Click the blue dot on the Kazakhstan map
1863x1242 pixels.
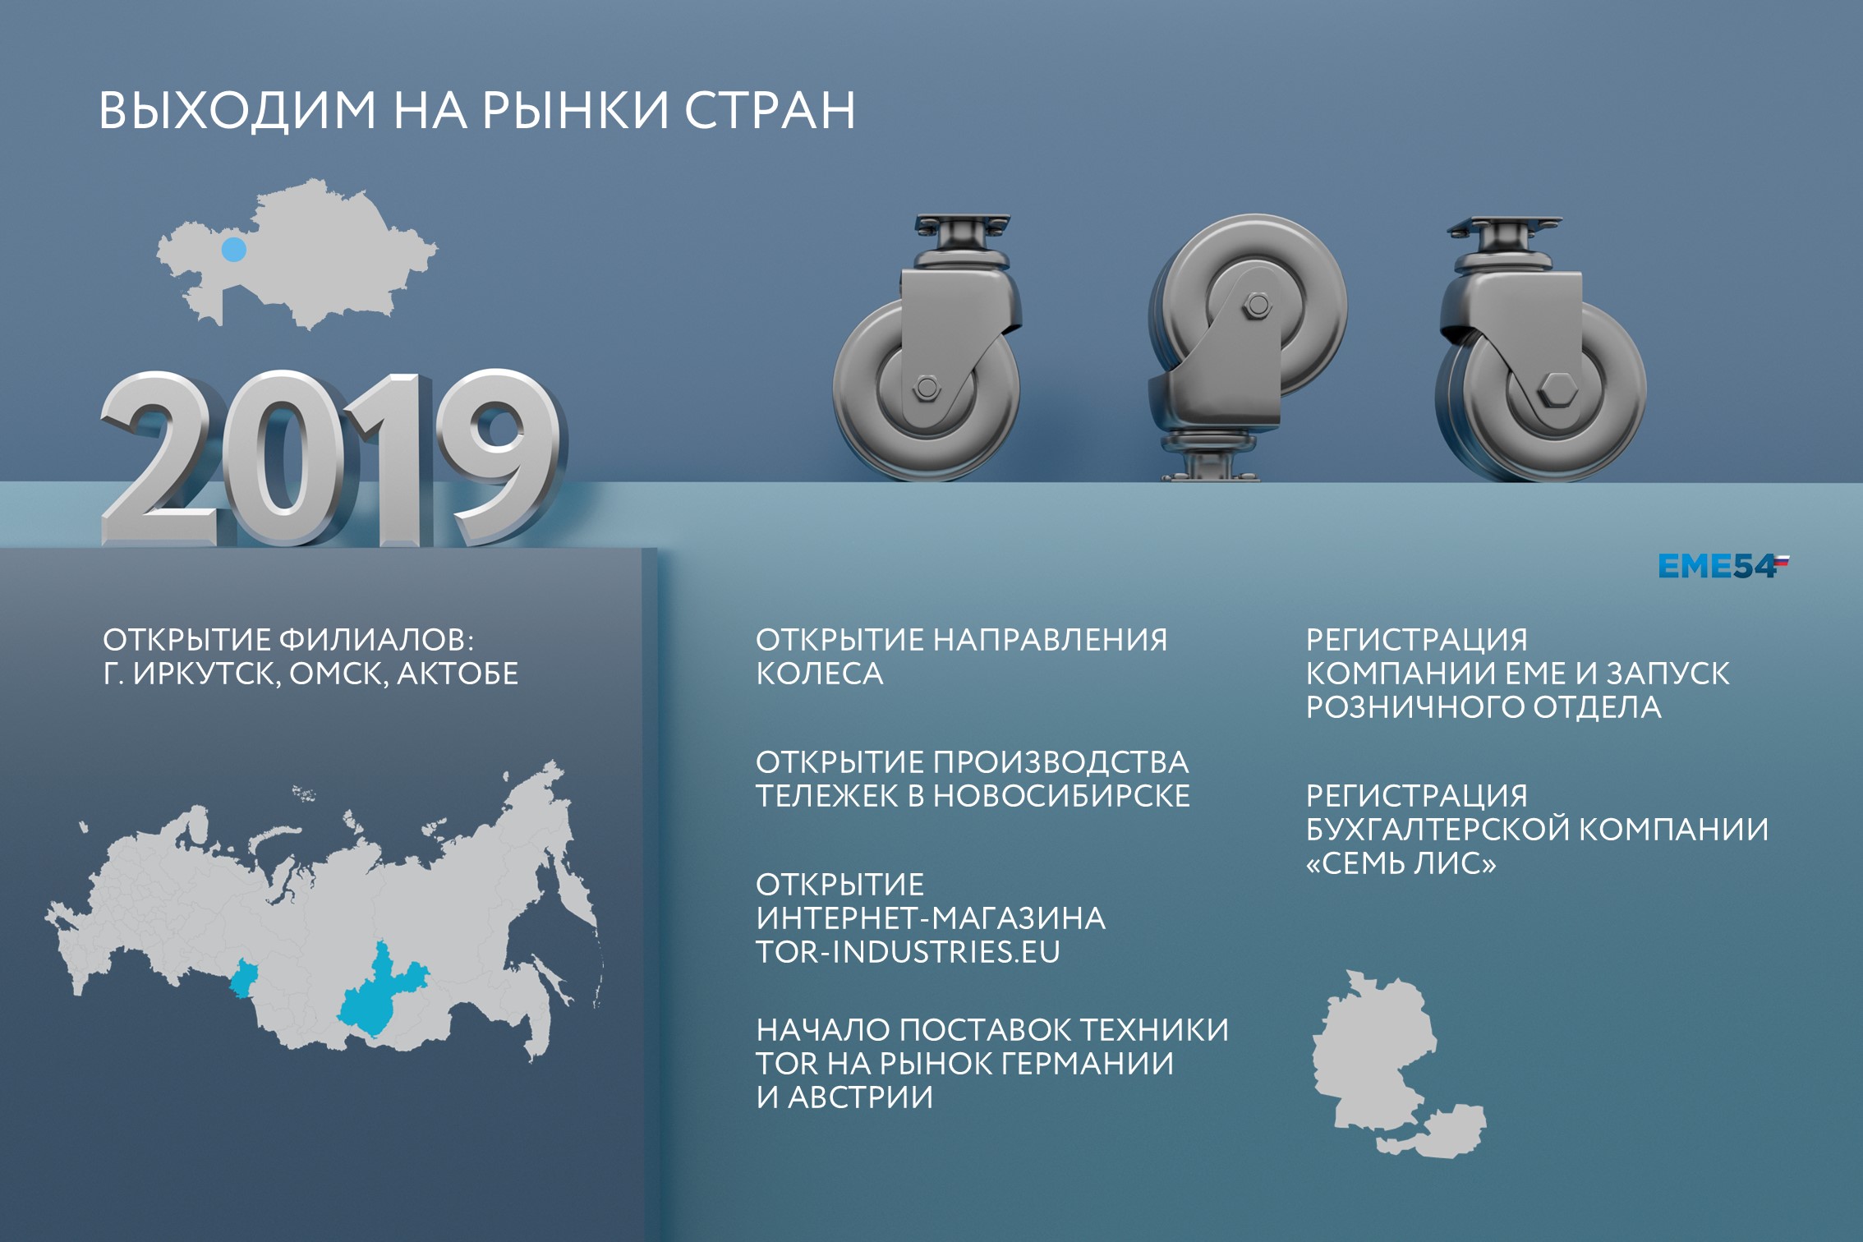point(234,250)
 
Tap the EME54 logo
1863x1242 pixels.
point(1722,567)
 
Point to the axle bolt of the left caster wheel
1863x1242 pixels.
point(926,387)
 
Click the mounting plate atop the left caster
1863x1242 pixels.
point(962,223)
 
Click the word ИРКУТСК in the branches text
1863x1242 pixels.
point(205,674)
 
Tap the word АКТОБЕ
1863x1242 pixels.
point(458,674)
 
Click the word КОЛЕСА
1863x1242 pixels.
point(819,674)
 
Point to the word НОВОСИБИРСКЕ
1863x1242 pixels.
point(1061,796)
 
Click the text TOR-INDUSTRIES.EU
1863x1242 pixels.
point(908,951)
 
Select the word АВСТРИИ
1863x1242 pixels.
point(860,1097)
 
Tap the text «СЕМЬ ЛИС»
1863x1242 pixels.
point(1401,863)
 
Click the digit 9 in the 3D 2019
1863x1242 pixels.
point(497,456)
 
